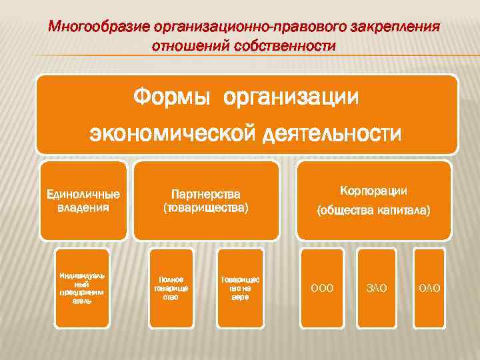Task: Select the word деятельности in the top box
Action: coord(331,133)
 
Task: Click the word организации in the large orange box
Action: coord(292,97)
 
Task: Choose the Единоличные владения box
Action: coord(83,201)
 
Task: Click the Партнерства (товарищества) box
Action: coord(205,201)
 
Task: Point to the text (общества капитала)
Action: coord(373,211)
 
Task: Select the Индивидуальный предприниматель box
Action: coord(81,288)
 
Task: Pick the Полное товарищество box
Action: coord(171,288)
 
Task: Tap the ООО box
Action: coord(323,288)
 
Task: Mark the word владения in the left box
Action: coord(83,207)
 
